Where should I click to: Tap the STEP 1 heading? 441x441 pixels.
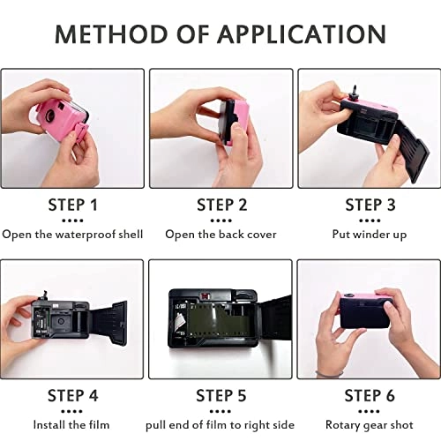[72, 206]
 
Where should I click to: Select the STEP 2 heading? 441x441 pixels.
[220, 206]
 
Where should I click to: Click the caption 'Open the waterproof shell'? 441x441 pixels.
[72, 235]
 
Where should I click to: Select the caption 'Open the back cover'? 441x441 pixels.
[220, 235]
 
